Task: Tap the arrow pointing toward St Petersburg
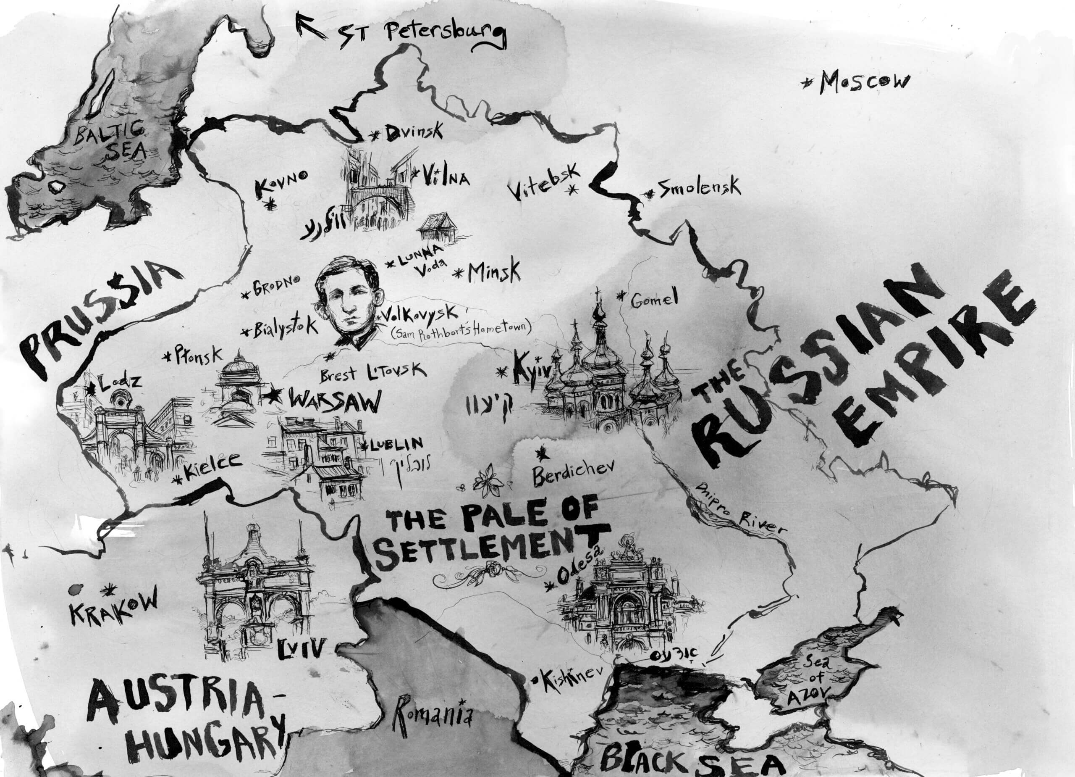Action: click(310, 26)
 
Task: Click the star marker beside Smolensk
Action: click(647, 194)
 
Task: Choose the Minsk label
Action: click(494, 271)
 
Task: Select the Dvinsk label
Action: click(413, 133)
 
